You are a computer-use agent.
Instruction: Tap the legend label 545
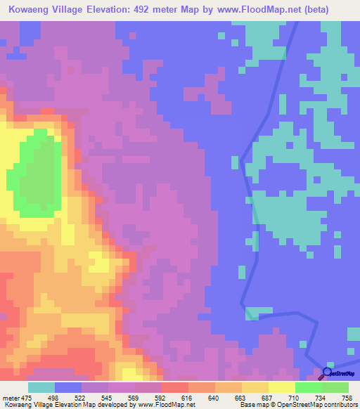tap(109, 397)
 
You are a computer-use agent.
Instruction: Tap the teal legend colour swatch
tap(41, 387)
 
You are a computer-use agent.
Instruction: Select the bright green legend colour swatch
tap(309, 387)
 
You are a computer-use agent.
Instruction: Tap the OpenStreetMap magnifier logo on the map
tap(326, 372)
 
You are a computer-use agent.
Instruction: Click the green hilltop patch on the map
tap(39, 165)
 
